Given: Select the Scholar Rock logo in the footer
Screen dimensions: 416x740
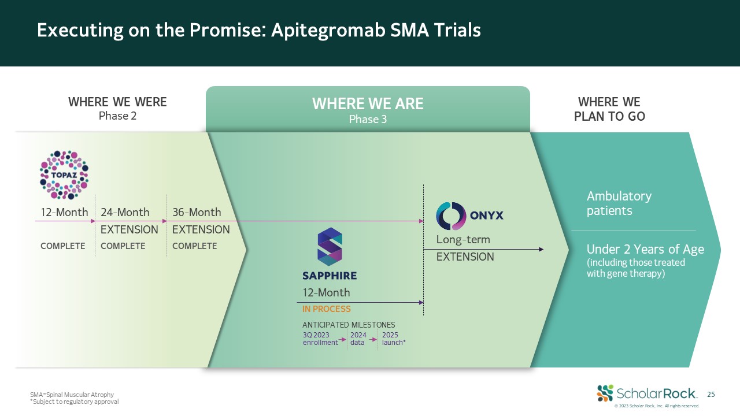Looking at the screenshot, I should pos(647,393).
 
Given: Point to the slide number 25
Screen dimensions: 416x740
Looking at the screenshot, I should pos(711,395).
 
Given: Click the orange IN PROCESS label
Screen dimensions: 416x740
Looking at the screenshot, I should pos(327,309).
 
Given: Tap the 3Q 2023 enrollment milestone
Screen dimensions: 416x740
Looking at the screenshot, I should pos(320,339).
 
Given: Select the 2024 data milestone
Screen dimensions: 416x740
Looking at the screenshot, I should pos(358,339).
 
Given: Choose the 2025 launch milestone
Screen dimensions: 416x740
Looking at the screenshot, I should pos(394,339).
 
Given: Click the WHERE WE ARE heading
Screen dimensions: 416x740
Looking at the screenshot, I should pos(368,104).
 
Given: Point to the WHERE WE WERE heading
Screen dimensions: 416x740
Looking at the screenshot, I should pos(117,102).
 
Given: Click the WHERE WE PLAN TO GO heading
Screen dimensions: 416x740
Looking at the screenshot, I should pos(609,109).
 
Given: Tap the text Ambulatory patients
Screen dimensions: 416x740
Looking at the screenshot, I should pos(619,203).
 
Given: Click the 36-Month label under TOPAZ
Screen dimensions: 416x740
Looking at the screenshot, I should pos(197,213).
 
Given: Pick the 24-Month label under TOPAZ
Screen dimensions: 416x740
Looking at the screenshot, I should pos(125,213).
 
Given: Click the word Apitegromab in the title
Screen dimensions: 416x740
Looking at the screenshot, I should pos(329,30).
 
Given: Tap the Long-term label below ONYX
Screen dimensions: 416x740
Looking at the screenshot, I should pos(463,239).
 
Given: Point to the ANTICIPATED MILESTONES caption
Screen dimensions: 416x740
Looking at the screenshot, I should pos(349,325).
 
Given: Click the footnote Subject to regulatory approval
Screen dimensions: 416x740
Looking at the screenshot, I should pos(75,402).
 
